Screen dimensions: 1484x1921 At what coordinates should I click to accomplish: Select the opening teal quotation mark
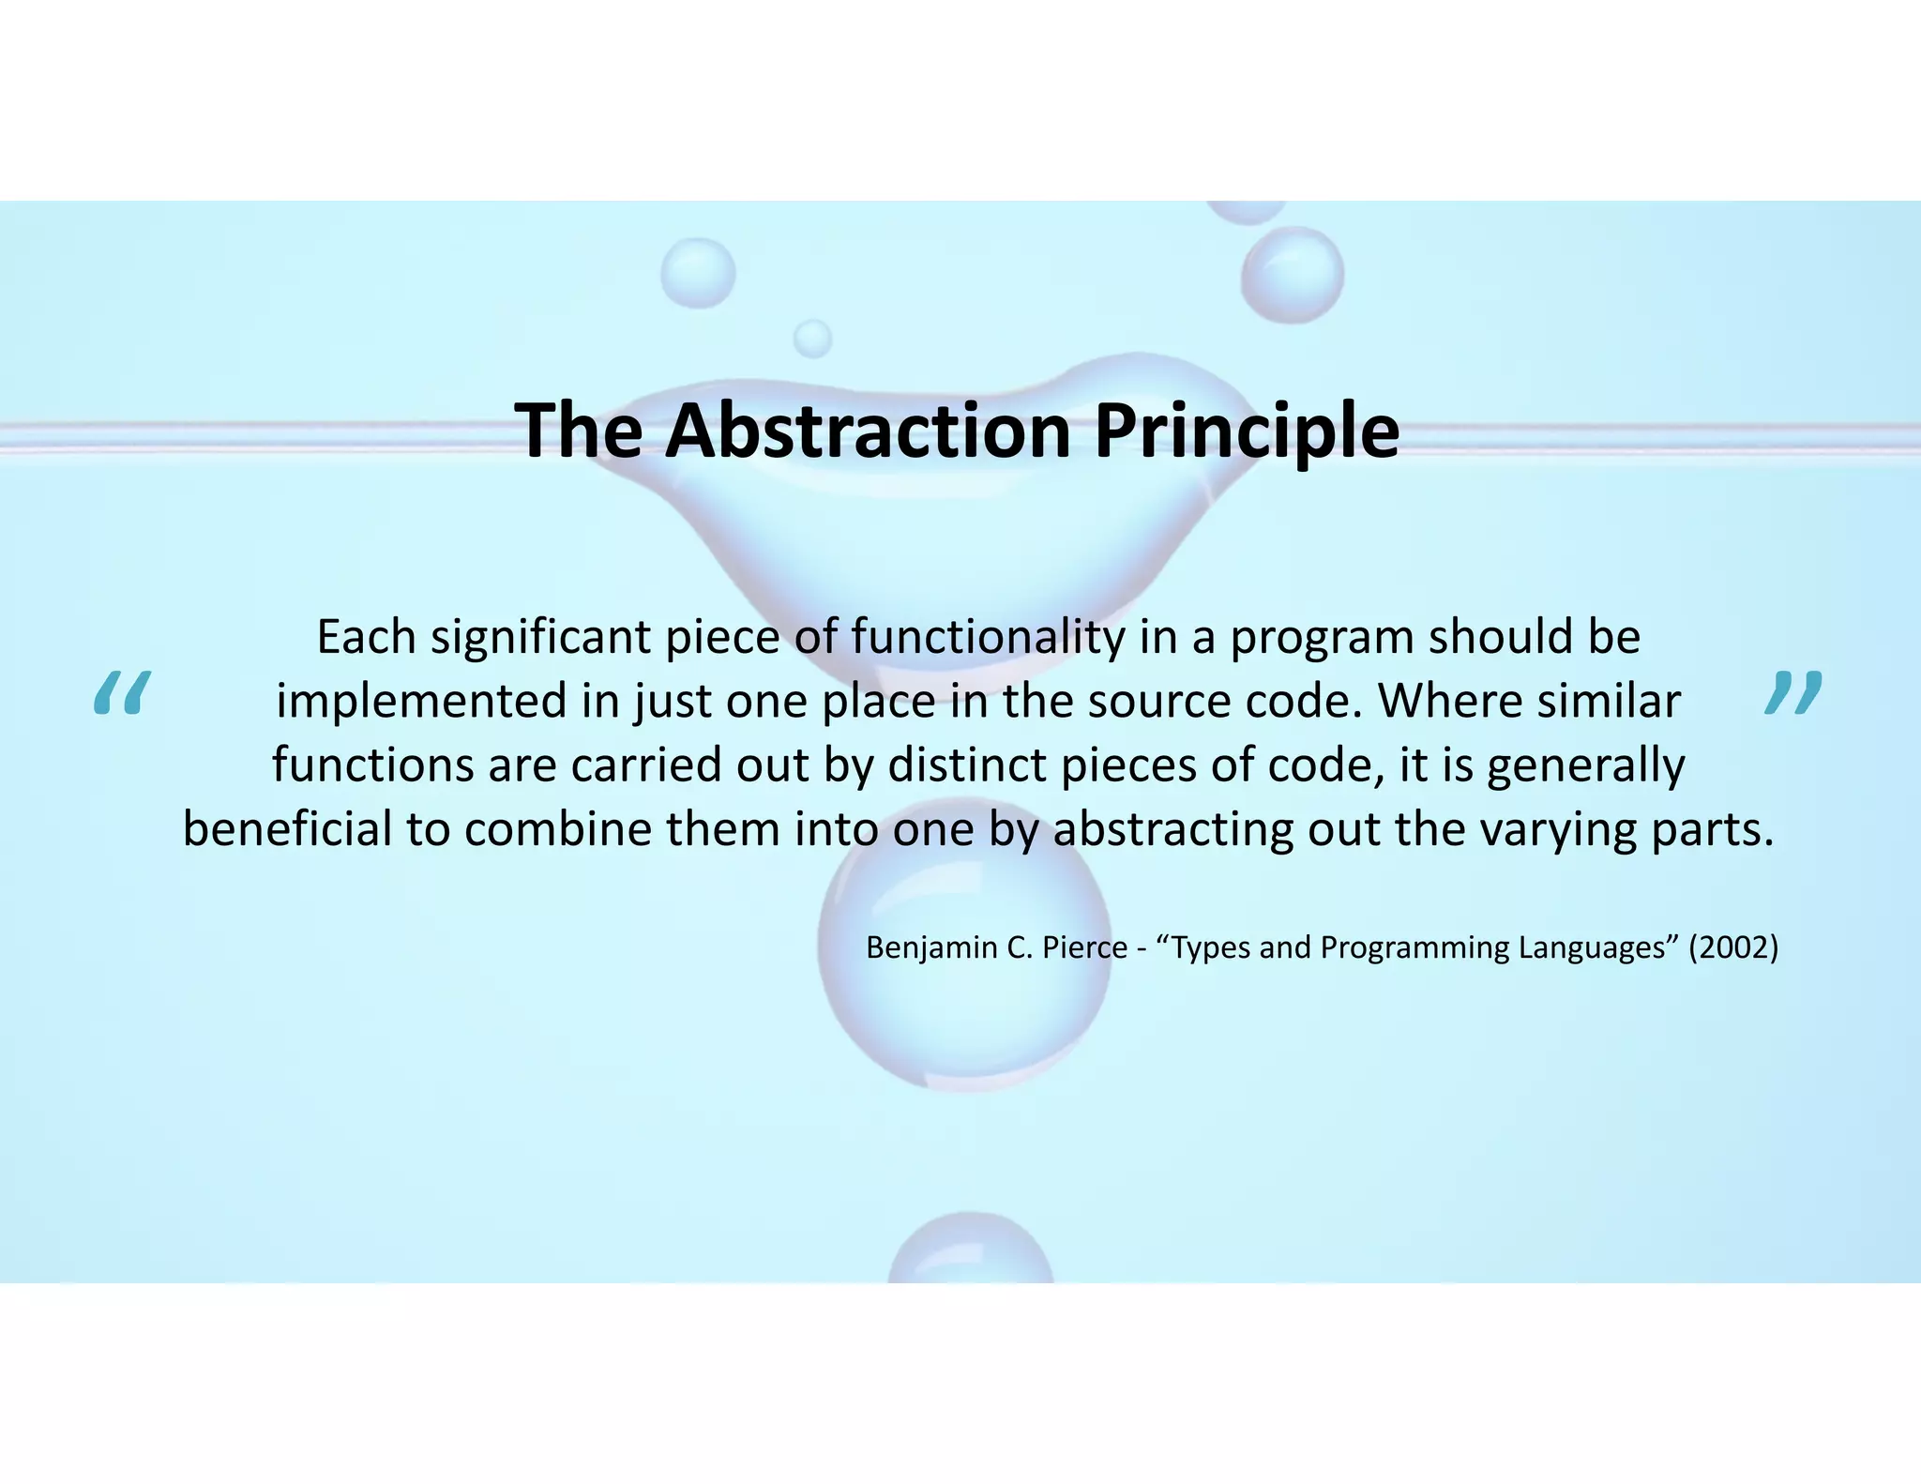coord(122,694)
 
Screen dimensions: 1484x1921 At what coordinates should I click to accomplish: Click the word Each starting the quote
coord(366,637)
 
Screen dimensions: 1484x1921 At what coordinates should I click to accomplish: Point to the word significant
coord(539,639)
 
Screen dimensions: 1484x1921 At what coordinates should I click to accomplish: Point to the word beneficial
coord(287,829)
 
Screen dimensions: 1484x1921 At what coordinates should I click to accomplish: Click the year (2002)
coord(1733,947)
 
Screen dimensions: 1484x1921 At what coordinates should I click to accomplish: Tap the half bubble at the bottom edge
coord(971,1252)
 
